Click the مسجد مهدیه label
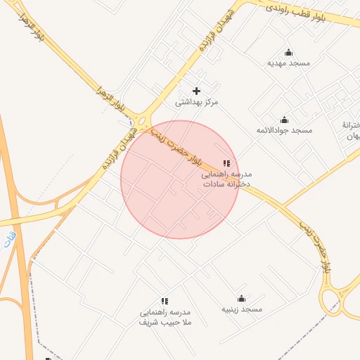pyautogui.click(x=288, y=63)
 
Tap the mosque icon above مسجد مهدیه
pyautogui.click(x=288, y=52)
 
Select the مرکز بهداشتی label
pyautogui.click(x=197, y=102)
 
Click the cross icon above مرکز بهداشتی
pyautogui.click(x=197, y=91)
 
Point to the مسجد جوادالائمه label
pyautogui.click(x=284, y=131)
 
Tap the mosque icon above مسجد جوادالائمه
pyautogui.click(x=284, y=120)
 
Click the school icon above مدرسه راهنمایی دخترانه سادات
pyautogui.click(x=226, y=163)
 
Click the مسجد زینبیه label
pyautogui.click(x=242, y=309)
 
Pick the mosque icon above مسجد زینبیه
pyautogui.click(x=242, y=298)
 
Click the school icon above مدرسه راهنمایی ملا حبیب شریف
pyautogui.click(x=165, y=301)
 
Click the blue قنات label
pyautogui.click(x=9, y=241)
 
